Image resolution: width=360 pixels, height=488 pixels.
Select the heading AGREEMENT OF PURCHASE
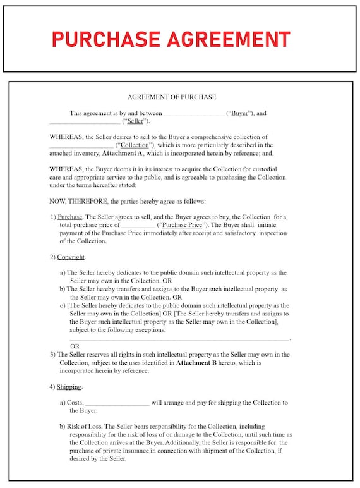172,97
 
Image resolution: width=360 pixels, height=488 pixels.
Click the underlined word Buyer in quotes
239,114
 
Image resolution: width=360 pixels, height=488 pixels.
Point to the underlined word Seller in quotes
135,121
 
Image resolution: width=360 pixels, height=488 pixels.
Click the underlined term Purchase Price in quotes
183,225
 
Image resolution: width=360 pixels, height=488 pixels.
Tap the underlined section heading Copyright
71,257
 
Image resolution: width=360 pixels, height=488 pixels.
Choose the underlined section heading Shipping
69,387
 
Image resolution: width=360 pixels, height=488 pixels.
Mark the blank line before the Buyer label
193,114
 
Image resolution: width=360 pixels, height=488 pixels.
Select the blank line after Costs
117,403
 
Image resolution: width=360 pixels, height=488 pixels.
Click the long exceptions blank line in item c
179,339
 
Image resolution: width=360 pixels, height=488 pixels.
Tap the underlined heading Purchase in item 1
69,217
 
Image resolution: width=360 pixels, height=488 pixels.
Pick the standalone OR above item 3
75,346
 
